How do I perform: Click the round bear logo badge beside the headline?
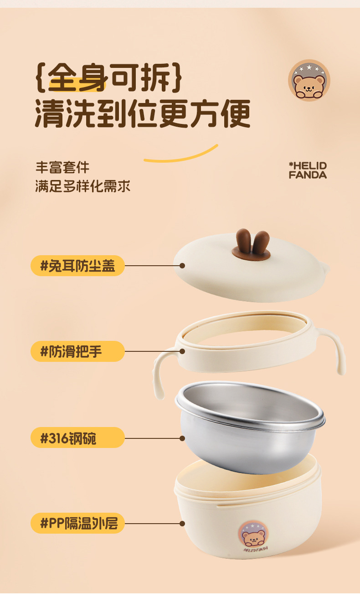coord(309,81)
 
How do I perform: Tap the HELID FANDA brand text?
coord(308,170)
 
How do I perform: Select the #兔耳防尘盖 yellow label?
coord(77,266)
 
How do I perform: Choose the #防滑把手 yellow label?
coord(77,351)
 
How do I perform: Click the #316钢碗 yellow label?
coord(77,437)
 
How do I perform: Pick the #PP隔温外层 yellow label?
coord(77,523)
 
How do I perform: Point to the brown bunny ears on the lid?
coord(251,244)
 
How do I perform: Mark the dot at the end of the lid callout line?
coord(182,266)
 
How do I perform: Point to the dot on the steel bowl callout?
coord(182,437)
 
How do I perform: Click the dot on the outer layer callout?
coord(182,523)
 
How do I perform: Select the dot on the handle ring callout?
coord(182,351)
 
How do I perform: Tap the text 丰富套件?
coord(62,167)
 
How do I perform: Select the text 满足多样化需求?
coord(83,186)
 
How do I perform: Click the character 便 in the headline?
coord(235,114)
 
